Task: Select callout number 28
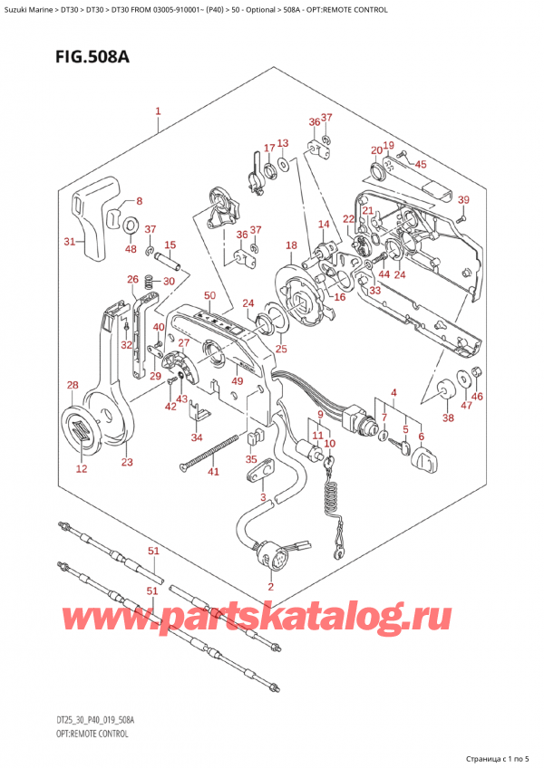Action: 73,387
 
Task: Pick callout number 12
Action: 82,469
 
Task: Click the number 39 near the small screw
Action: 463,200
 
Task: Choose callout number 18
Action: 290,245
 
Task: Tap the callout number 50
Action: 209,296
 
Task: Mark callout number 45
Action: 420,164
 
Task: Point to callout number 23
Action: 127,463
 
